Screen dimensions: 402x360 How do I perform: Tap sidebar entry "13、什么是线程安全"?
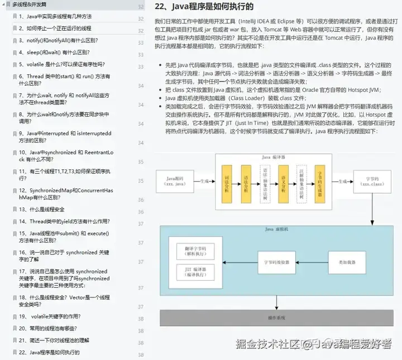tap(41, 210)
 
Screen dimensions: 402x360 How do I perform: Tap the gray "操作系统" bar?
tap(276, 317)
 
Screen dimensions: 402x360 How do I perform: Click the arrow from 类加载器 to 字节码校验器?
tap(309, 261)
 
